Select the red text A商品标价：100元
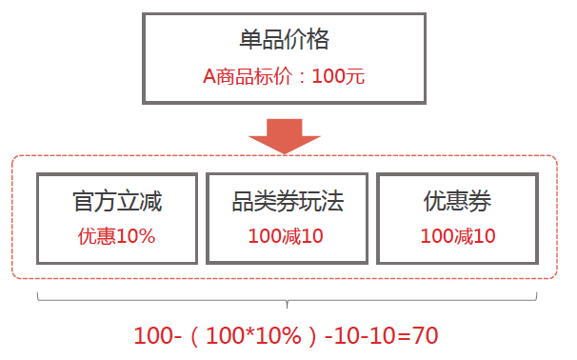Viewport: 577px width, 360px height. coord(284,76)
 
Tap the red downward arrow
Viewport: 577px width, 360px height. coord(284,135)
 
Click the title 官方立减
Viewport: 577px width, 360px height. coord(117,202)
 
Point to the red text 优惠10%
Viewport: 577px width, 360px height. coord(117,235)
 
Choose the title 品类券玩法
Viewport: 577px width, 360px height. coord(287,202)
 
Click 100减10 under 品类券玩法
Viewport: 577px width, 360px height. coord(287,235)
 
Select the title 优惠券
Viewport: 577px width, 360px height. coord(458,202)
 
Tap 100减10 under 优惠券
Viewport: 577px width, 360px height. coord(458,235)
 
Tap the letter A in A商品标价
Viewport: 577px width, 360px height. coord(209,76)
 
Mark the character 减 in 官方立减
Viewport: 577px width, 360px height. coord(151,202)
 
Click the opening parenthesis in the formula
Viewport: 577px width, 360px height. coord(196,336)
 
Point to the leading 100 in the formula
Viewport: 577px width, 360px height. coord(151,336)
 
